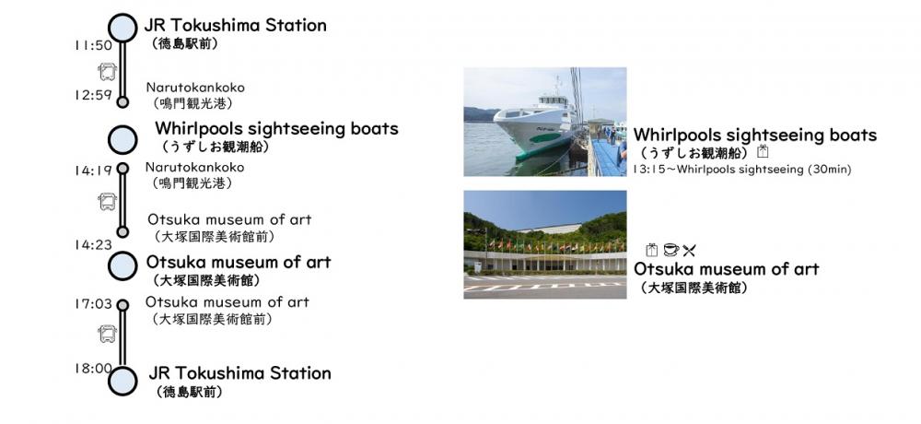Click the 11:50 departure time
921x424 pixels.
tap(93, 44)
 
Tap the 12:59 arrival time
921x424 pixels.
tap(93, 95)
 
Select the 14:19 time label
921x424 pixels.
tap(93, 171)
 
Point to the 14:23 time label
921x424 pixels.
tap(93, 244)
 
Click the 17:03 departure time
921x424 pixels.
tap(93, 304)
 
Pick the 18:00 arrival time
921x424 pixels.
tap(93, 369)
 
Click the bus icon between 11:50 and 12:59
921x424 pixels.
tap(108, 72)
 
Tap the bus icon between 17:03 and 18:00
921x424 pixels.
tap(108, 334)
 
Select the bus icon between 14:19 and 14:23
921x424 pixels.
tap(108, 202)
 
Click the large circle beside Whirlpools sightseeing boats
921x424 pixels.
tap(122, 140)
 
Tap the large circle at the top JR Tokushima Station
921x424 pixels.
tap(122, 28)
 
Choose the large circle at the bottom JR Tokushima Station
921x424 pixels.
tap(122, 381)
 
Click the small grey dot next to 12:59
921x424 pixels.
tap(122, 102)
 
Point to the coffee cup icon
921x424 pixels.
tap(670, 250)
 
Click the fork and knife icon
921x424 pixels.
tap(689, 251)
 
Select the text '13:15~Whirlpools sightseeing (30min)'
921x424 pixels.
tap(741, 170)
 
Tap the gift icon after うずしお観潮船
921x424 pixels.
tap(763, 152)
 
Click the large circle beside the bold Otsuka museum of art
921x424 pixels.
tap(122, 265)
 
